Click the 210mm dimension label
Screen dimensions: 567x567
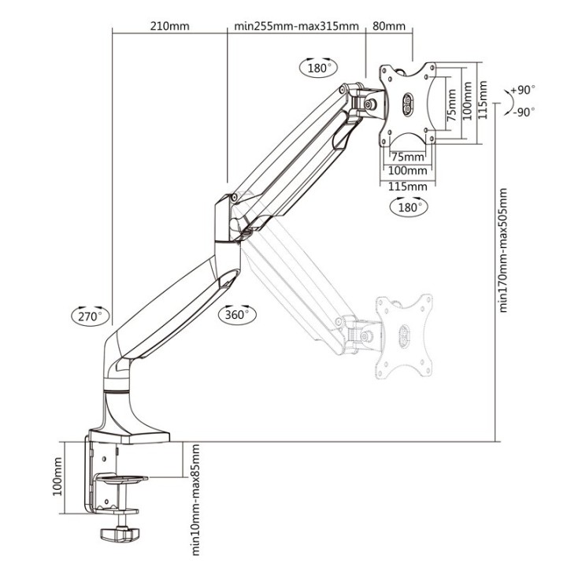click(169, 25)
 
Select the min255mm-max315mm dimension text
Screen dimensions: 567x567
click(297, 25)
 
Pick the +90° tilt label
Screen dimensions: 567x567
click(523, 91)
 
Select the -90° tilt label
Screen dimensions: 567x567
click(523, 112)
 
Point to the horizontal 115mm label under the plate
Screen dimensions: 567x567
click(407, 187)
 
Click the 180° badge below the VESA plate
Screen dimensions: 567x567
click(408, 208)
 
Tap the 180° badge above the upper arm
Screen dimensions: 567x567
click(318, 68)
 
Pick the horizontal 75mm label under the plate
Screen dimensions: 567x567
click(407, 156)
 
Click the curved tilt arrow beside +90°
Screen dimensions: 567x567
click(501, 101)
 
